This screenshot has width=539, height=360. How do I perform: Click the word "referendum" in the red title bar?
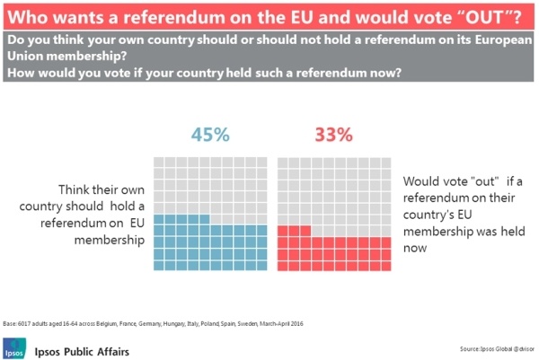172,16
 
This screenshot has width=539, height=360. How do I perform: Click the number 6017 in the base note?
27,321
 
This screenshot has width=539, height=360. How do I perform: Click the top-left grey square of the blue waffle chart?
159,162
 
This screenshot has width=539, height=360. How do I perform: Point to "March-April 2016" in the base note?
279,321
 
